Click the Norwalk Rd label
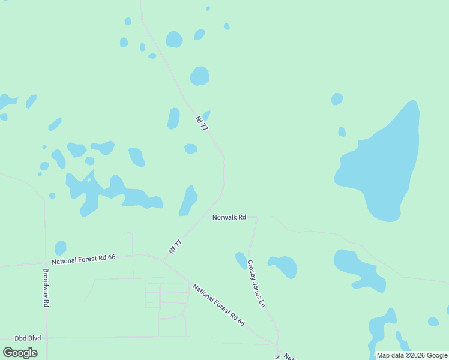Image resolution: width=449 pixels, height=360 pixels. pyautogui.click(x=229, y=217)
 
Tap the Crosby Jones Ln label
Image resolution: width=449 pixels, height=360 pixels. pyautogui.click(x=256, y=283)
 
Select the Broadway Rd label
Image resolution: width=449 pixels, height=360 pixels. pyautogui.click(x=46, y=287)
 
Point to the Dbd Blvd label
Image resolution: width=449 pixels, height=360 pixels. pyautogui.click(x=28, y=338)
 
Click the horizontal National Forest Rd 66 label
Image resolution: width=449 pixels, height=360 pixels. pyautogui.click(x=83, y=259)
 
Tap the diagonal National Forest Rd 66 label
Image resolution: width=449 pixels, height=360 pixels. pyautogui.click(x=218, y=304)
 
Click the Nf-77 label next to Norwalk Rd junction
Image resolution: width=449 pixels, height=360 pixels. pyautogui.click(x=175, y=247)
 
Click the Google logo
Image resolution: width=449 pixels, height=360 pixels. pyautogui.click(x=20, y=353)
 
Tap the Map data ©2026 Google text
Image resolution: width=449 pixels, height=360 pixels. pyautogui.click(x=412, y=355)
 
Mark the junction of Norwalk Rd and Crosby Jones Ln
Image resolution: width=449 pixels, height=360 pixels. pyautogui.click(x=256, y=217)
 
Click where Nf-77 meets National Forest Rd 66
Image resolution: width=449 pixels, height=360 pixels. pyautogui.click(x=161, y=259)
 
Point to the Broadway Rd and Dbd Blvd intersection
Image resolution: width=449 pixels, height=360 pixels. pyautogui.click(x=46, y=338)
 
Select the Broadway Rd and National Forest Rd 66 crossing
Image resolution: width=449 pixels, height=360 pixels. pyautogui.click(x=45, y=262)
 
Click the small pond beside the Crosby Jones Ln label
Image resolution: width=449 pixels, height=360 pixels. pyautogui.click(x=241, y=259)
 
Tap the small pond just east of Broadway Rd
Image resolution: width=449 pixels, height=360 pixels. pyautogui.click(x=60, y=248)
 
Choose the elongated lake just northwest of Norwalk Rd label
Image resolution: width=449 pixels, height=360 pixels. pyautogui.click(x=189, y=200)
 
